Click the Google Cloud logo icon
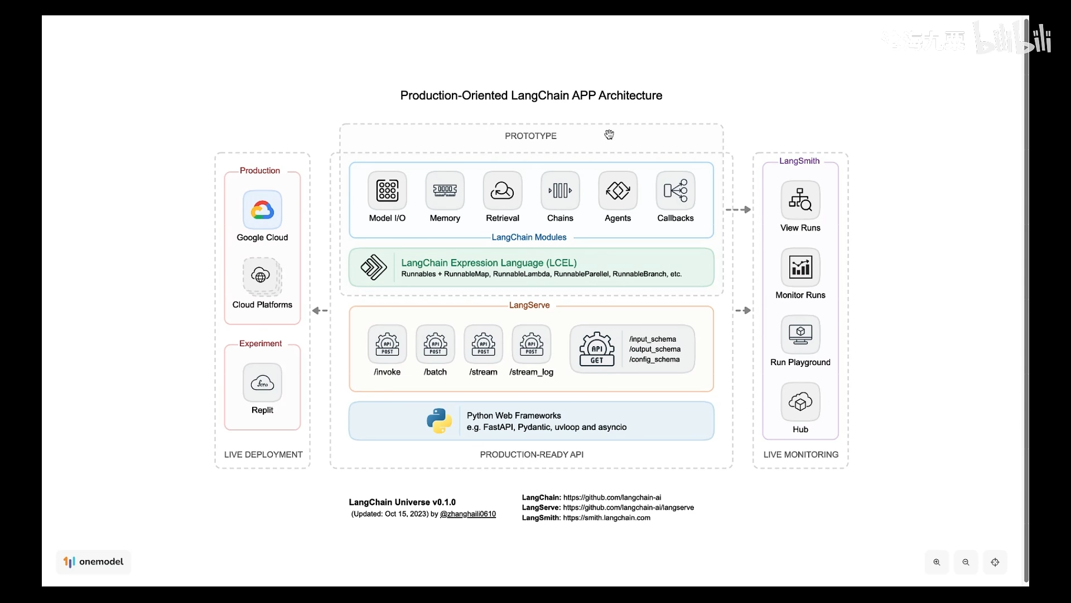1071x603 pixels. click(262, 210)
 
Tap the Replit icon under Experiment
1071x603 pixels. click(262, 383)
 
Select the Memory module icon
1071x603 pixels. click(445, 190)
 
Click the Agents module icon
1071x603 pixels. click(617, 190)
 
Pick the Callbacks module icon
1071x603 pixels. click(676, 190)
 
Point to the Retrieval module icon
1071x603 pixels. click(503, 190)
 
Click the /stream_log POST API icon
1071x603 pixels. click(532, 344)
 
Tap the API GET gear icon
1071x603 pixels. click(597, 350)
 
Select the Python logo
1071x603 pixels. click(440, 421)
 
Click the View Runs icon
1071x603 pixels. click(800, 199)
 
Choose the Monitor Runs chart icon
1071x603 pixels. click(800, 267)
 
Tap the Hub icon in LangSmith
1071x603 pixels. click(800, 401)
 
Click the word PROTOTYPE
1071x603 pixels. click(530, 136)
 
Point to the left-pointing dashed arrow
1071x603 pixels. click(320, 310)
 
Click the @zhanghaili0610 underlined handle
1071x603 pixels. click(467, 514)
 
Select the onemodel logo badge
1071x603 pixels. click(94, 562)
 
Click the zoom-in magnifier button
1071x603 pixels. click(937, 562)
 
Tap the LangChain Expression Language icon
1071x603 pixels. click(374, 267)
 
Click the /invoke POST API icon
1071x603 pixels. click(387, 344)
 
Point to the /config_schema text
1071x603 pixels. click(654, 360)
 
